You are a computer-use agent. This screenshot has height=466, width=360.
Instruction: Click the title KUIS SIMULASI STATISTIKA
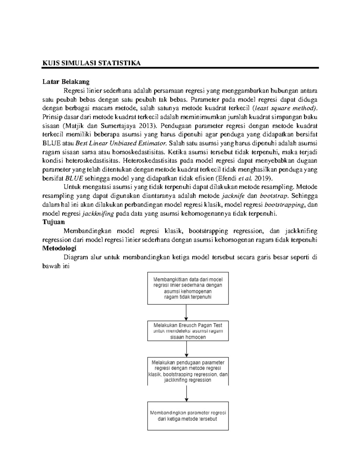click(91, 63)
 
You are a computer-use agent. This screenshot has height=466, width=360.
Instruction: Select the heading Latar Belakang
click(66, 82)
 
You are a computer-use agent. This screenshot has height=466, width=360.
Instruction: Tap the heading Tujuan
click(54, 222)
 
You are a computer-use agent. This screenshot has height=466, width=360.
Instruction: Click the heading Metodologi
click(59, 248)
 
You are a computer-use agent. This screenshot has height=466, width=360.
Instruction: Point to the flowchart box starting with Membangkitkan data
click(188, 288)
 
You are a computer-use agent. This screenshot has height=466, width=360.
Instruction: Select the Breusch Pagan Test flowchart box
click(188, 331)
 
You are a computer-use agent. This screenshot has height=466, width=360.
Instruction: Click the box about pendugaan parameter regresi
click(188, 371)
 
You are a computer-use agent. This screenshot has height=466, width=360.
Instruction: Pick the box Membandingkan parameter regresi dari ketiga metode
click(188, 416)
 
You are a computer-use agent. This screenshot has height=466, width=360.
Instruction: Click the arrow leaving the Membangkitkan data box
click(186, 312)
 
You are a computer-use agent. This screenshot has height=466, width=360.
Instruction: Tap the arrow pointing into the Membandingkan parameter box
click(187, 393)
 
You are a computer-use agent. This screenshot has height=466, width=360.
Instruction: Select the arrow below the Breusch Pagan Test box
click(187, 349)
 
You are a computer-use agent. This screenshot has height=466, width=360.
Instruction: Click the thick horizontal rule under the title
click(180, 68)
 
